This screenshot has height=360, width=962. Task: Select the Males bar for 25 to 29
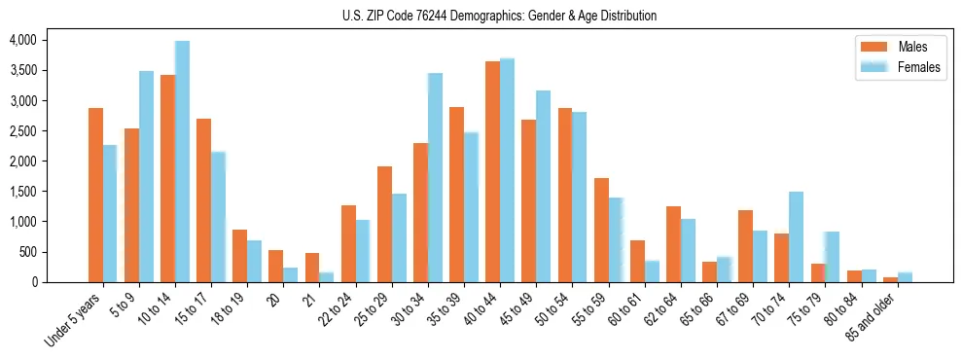[x=384, y=224]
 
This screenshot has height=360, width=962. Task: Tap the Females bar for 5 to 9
[x=146, y=176]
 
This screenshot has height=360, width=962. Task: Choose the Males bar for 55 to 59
[x=601, y=230]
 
